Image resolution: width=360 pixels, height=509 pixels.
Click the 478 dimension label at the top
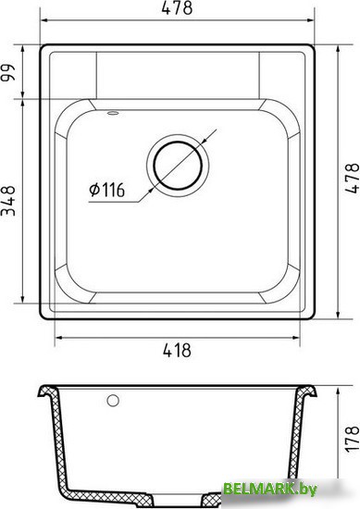coord(177,7)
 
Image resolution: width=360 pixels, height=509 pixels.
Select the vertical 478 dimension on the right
coord(352,179)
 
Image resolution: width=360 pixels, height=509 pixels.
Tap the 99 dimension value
coord(8,73)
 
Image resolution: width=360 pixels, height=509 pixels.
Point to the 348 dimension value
coord(8,201)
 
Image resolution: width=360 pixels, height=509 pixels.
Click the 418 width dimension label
coord(177,351)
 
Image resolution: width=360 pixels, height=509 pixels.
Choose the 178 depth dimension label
coord(352,440)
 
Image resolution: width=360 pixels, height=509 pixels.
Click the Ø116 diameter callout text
coord(106,190)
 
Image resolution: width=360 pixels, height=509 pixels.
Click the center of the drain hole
coord(178,166)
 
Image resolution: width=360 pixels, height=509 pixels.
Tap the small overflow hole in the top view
coord(113,113)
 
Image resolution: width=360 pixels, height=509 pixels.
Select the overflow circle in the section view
coord(113,401)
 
